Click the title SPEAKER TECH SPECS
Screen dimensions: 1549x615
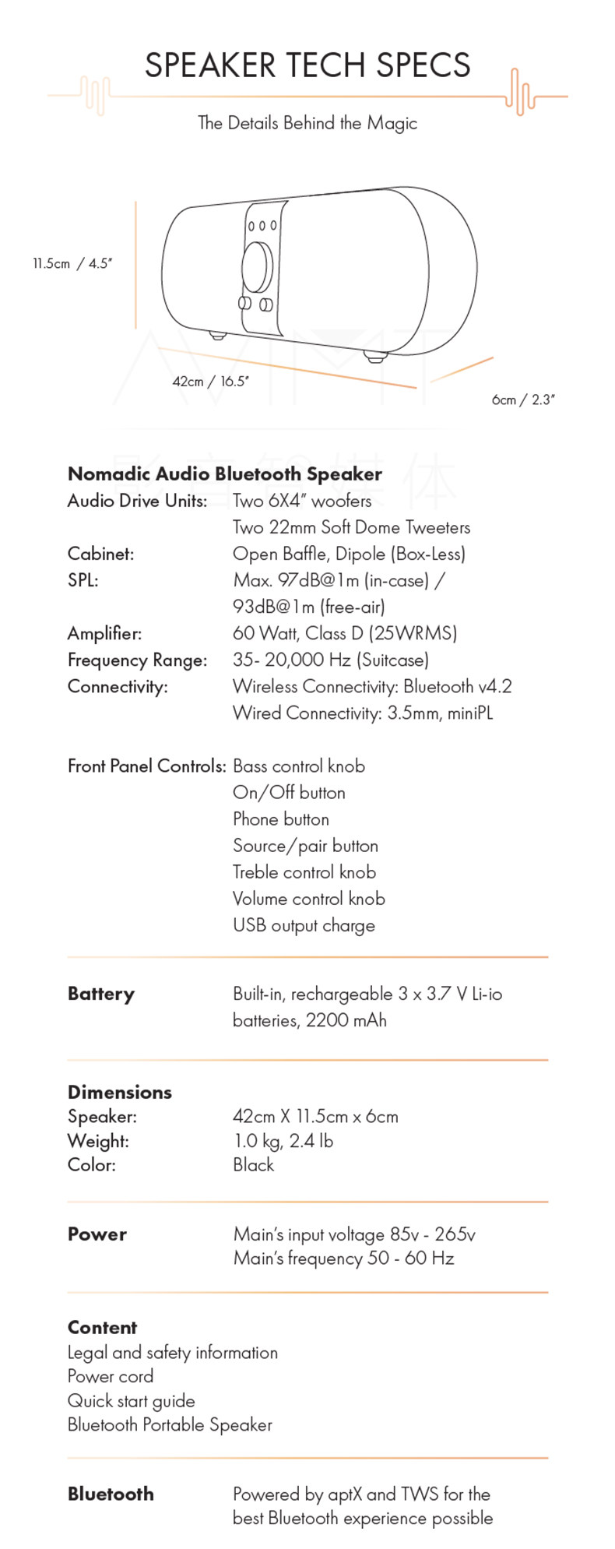coord(307,65)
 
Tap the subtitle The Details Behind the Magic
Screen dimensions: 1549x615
coord(307,123)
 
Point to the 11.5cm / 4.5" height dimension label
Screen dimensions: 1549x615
coord(72,263)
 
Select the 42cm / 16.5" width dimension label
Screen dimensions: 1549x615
coord(210,382)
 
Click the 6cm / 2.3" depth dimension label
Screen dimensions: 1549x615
coord(523,400)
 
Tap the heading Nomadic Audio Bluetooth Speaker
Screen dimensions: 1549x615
coord(225,474)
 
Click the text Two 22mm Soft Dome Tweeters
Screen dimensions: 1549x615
coord(351,527)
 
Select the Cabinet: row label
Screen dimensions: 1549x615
coord(100,554)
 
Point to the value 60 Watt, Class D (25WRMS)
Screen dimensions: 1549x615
coord(345,633)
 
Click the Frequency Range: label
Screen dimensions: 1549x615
coord(137,660)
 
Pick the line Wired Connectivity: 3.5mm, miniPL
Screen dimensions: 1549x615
coord(363,713)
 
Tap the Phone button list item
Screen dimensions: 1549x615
coord(281,819)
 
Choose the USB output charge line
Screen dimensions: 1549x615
coord(304,925)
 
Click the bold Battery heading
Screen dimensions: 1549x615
coord(101,994)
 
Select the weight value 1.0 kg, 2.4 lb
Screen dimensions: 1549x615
coord(283,1141)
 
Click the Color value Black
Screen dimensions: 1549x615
coord(254,1165)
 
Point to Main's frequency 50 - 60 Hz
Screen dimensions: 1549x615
coord(343,1259)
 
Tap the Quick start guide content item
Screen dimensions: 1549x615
coord(131,1400)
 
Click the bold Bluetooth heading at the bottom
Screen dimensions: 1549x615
coord(111,1494)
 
